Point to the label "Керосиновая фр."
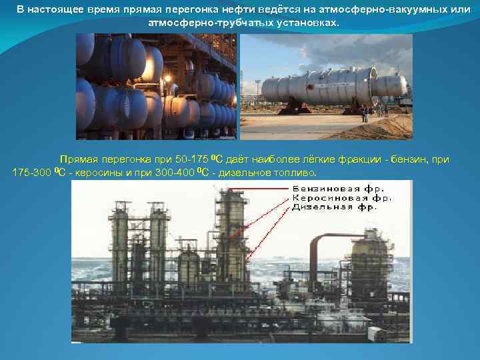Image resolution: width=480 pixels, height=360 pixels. coord(342,198)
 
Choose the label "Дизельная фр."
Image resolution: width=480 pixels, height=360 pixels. coord(335,207)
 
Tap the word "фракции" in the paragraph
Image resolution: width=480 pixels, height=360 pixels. coord(358,160)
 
